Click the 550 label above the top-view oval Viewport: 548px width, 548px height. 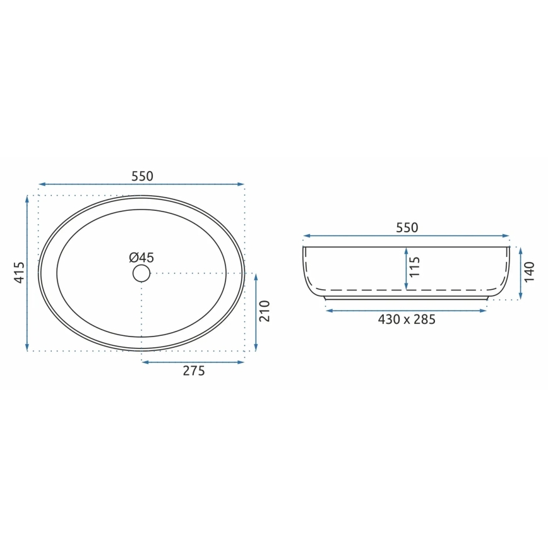tap(142, 176)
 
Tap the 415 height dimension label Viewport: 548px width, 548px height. tap(19, 272)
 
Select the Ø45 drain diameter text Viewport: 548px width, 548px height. tap(141, 257)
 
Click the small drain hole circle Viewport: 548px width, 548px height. tap(141, 273)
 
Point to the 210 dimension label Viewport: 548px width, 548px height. tap(265, 311)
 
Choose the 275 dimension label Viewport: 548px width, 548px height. tap(194, 371)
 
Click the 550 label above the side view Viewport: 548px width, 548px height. tap(407, 228)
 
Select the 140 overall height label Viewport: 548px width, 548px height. tap(530, 271)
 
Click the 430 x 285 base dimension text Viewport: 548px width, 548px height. tap(407, 319)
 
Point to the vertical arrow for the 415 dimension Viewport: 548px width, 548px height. tap(27, 273)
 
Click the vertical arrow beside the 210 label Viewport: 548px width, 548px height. tap(256, 312)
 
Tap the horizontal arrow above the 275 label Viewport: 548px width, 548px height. tap(193, 362)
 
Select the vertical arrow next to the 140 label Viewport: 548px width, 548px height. tap(520, 273)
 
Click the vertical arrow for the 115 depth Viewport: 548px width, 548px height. tap(406, 268)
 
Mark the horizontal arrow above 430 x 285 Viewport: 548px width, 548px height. tap(406, 310)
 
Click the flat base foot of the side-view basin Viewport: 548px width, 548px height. tap(406, 297)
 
